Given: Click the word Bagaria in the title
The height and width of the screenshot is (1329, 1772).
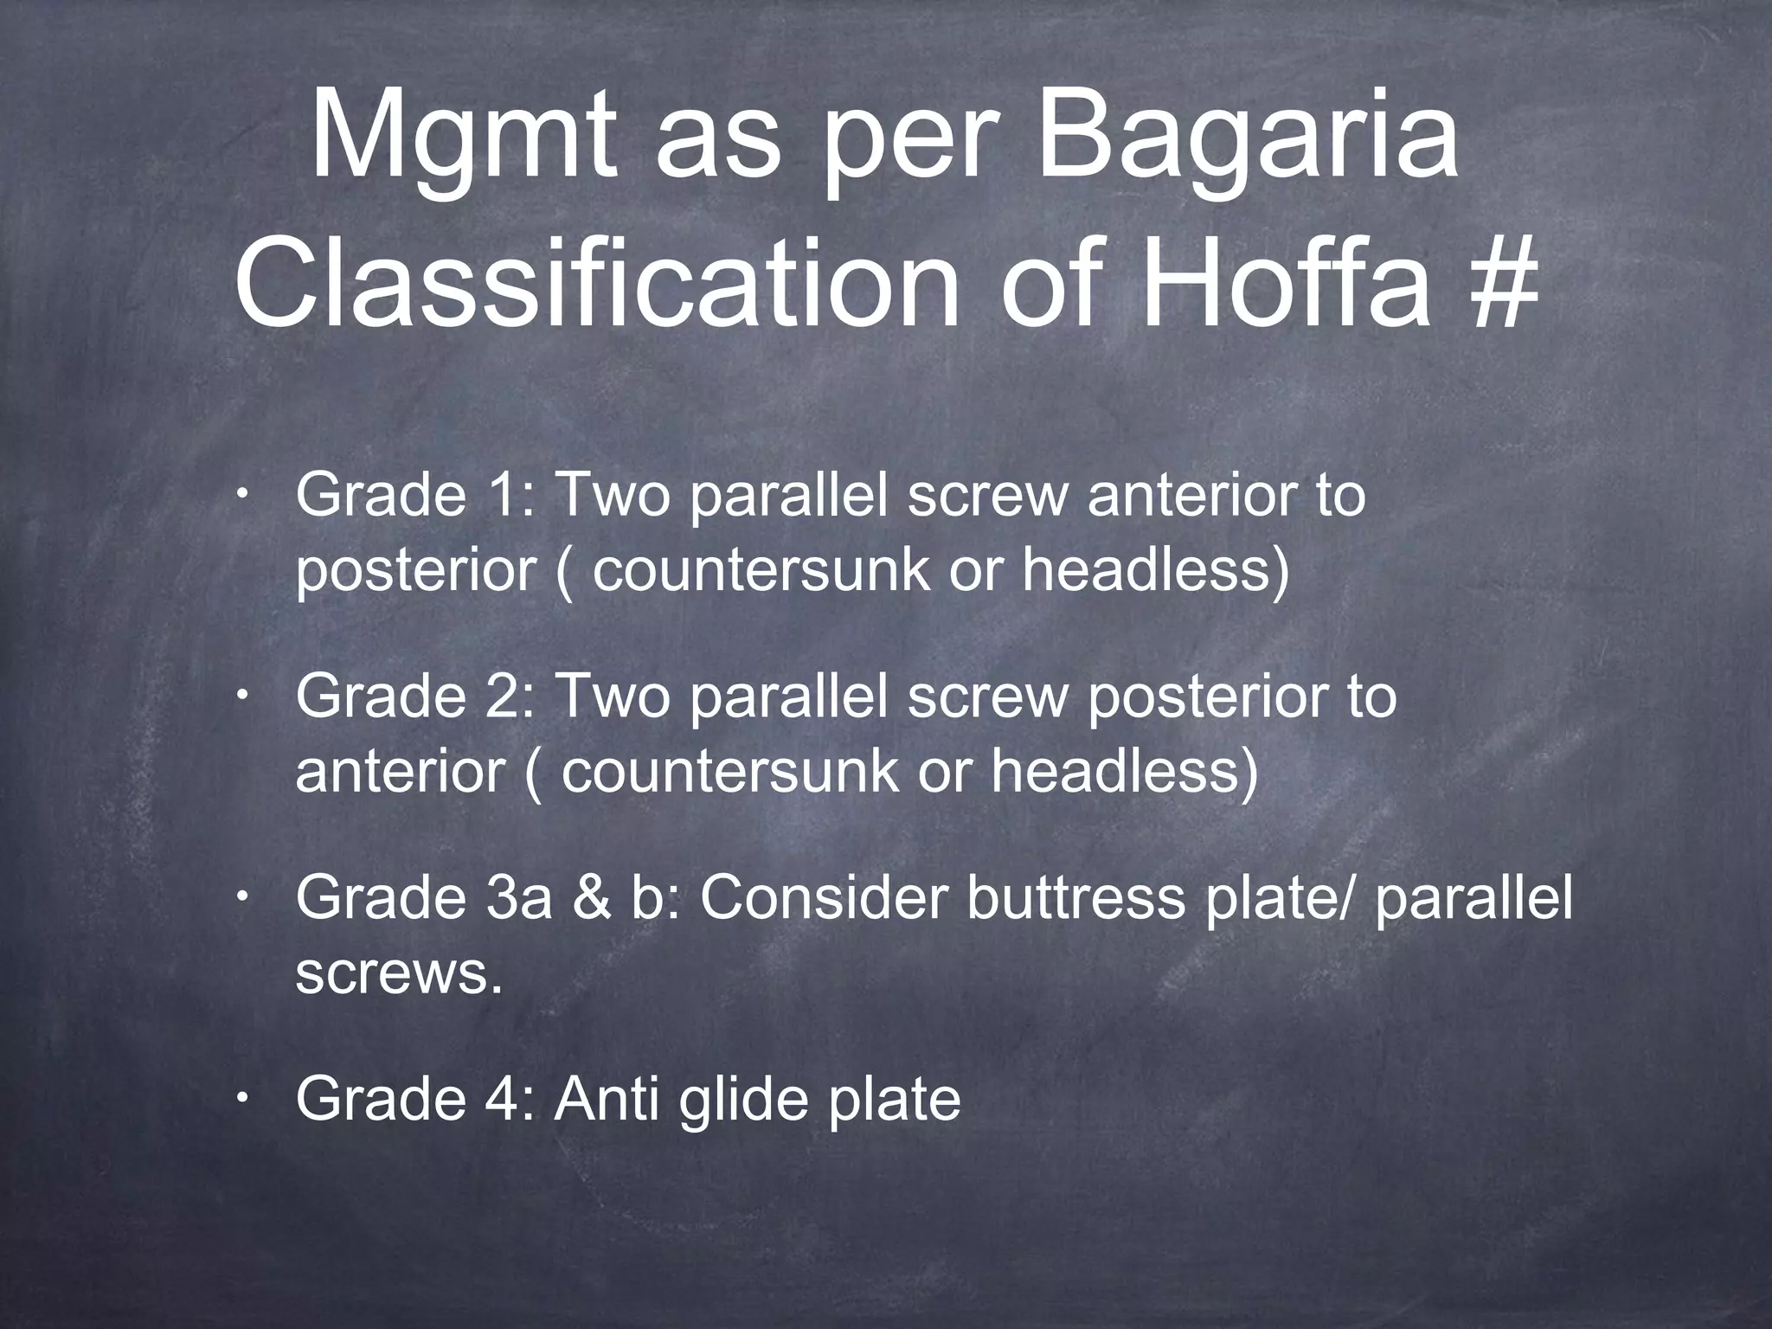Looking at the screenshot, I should click(x=1247, y=138).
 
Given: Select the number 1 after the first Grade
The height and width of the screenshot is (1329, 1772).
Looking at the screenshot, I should click(x=499, y=497).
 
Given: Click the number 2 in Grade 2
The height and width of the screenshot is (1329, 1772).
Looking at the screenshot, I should click(x=503, y=697).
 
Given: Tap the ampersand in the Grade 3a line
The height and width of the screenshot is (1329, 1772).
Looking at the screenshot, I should click(x=591, y=899).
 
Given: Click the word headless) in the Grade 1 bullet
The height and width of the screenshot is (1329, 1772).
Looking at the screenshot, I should click(x=1155, y=572).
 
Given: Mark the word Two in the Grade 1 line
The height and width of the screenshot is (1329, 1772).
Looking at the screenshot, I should click(x=611, y=497).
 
